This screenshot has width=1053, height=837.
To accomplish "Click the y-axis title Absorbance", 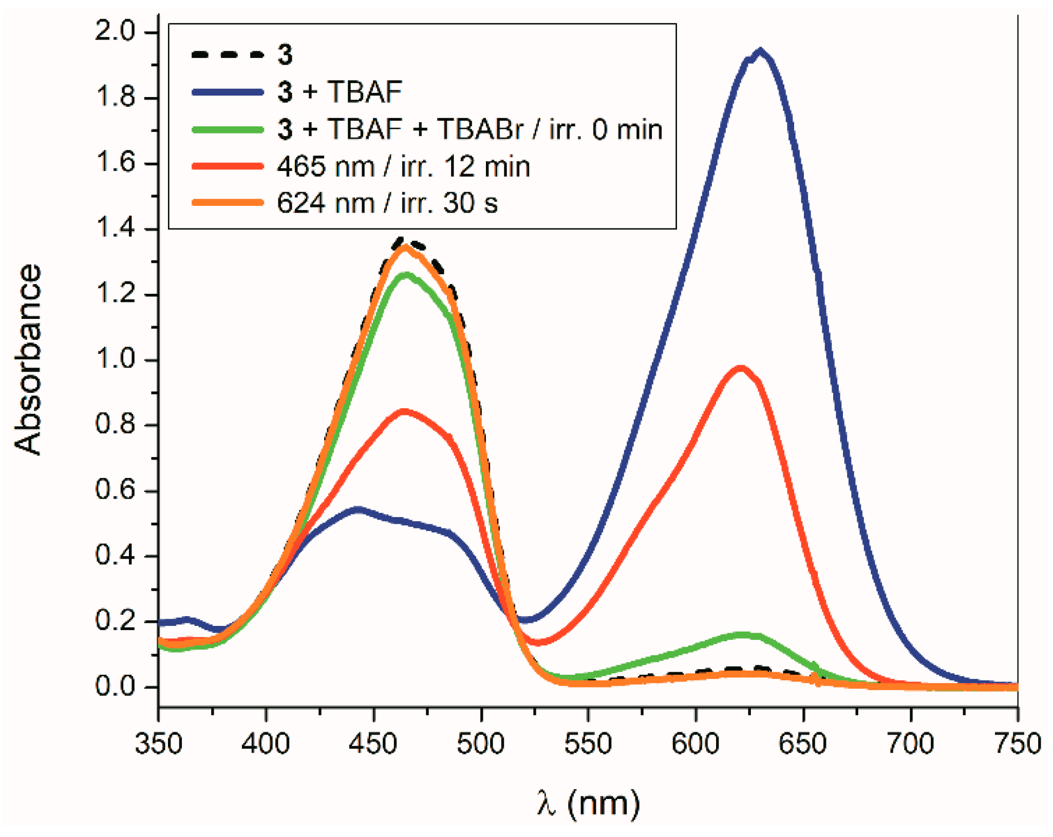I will point(28,359).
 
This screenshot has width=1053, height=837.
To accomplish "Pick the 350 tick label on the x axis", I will point(159,744).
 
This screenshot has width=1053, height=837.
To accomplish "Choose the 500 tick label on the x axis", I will point(481,744).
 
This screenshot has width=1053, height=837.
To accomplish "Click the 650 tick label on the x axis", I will point(803,744).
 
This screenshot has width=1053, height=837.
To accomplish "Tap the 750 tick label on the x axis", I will point(1018,744).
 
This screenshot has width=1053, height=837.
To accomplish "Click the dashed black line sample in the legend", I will point(228,54).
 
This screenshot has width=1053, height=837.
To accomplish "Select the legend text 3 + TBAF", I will point(340,92).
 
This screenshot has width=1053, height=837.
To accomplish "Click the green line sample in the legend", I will point(228,129).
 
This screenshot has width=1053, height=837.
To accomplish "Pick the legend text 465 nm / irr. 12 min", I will point(403,167).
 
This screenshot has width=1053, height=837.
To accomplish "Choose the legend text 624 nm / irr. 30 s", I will point(387,203).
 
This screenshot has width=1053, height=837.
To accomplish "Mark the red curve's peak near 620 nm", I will point(740,368).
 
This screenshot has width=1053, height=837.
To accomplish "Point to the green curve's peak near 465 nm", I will point(406,275).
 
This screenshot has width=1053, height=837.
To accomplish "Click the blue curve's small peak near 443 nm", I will point(358,509).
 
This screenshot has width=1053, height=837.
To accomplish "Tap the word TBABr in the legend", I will point(480,129).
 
